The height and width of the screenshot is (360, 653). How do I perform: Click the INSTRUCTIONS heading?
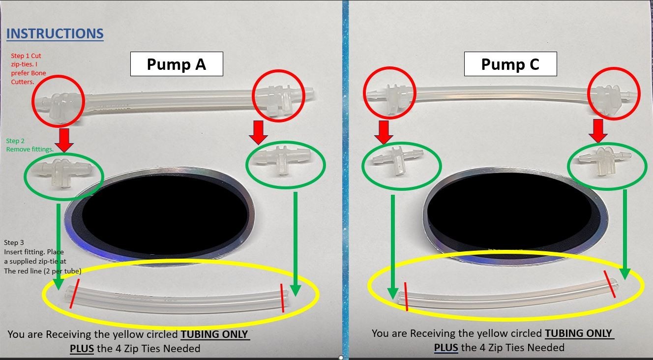[x=55, y=33]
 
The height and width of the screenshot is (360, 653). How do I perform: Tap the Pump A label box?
[x=177, y=64]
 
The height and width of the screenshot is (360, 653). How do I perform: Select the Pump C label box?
[x=510, y=64]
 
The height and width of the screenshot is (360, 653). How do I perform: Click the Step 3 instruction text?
[x=42, y=256]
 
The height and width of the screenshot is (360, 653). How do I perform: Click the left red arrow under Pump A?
[x=64, y=139]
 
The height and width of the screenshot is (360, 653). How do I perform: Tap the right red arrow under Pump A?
[x=259, y=132]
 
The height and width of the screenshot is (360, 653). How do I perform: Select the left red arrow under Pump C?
[x=384, y=131]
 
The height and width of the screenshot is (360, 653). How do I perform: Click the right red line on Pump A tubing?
[x=282, y=298]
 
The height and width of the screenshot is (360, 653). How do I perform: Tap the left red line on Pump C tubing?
[x=406, y=297]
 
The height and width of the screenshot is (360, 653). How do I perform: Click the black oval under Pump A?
[x=164, y=214]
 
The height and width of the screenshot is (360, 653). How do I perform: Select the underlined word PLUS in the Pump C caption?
[x=446, y=348]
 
